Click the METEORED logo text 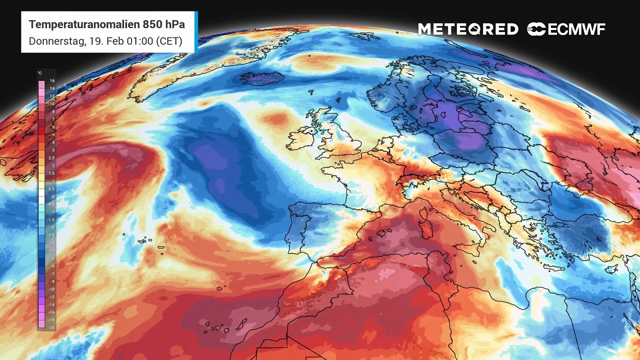(468, 29)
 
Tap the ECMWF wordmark (576, 29)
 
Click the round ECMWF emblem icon (536, 29)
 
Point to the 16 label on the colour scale (52, 81)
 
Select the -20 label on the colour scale (51, 327)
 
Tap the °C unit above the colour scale (39, 73)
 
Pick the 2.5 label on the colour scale (52, 158)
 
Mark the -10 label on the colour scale (51, 289)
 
